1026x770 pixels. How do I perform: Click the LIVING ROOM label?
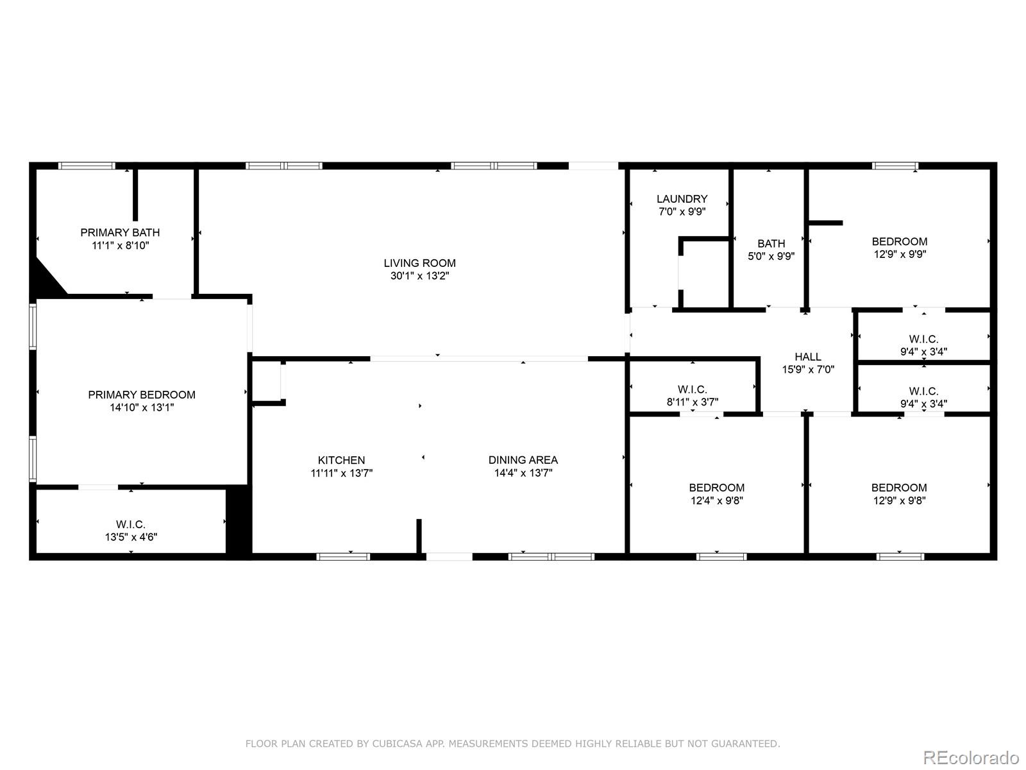tap(419, 263)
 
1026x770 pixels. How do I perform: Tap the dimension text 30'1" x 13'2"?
tap(419, 276)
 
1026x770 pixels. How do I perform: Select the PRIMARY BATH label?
tap(120, 232)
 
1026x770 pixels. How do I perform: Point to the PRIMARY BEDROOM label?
tap(142, 395)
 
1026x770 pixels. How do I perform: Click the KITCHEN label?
tap(341, 460)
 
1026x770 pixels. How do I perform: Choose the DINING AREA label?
tap(523, 460)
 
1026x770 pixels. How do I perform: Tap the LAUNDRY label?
tap(682, 199)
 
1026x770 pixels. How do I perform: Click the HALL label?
tap(807, 357)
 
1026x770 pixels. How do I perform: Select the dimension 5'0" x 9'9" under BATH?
tap(771, 255)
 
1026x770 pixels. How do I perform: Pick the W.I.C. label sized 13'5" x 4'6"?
tap(131, 524)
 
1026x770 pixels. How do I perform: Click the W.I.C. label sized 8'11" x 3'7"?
tap(692, 389)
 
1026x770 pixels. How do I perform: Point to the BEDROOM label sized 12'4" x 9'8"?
tap(716, 488)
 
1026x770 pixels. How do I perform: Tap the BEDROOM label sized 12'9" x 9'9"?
tap(899, 242)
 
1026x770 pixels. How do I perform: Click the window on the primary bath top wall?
tap(87, 166)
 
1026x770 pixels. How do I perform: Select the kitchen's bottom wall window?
tap(343, 556)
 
